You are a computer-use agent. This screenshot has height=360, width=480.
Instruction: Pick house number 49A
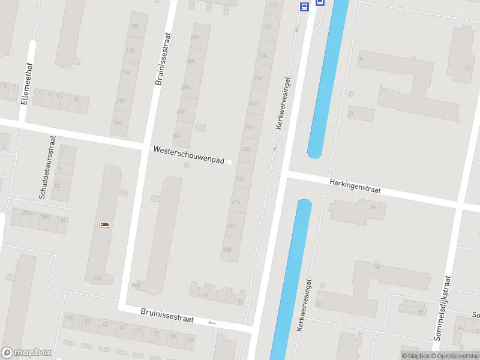point(227,250)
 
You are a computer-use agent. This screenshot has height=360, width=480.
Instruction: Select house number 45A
point(231,226)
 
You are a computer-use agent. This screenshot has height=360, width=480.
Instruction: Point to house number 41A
point(236,203)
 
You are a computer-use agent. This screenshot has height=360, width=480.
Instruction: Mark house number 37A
point(240,179)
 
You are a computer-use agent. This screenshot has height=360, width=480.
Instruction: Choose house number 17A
point(262,55)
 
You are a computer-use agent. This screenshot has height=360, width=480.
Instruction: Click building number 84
point(373,207)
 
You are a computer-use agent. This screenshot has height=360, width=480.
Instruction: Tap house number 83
point(190,340)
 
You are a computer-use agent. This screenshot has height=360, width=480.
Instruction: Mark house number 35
point(421,312)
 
